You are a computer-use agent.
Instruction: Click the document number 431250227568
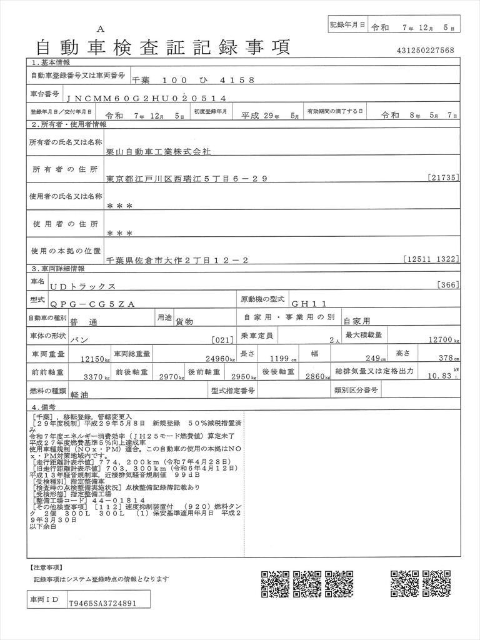pos(425,51)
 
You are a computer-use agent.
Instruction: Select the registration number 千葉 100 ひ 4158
pos(193,80)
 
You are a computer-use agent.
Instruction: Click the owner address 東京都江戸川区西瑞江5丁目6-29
pos(187,179)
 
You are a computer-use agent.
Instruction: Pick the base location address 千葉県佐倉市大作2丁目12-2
pos(177,260)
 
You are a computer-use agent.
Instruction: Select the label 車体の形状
pos(47,336)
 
